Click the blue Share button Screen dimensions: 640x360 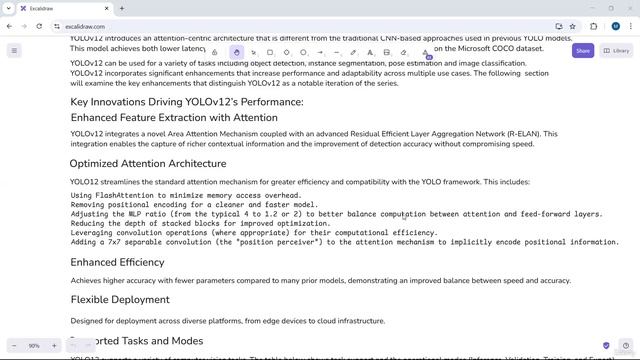[x=583, y=50]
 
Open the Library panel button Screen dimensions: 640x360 [x=616, y=50]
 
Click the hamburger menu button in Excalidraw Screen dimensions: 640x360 [x=14, y=50]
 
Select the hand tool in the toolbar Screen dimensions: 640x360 [x=237, y=52]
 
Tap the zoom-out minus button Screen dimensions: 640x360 [x=17, y=346]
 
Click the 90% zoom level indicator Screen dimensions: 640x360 [x=34, y=346]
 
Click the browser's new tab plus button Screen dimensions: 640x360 [x=122, y=8]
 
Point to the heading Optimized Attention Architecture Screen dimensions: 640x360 [x=148, y=163]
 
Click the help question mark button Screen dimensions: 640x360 [x=607, y=346]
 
